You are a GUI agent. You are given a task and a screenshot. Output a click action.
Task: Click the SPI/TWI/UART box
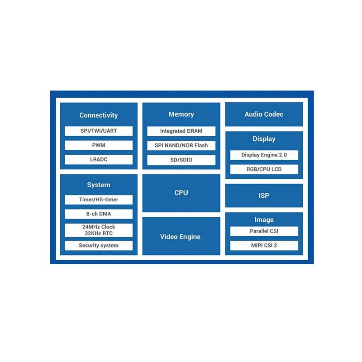(x=99, y=131)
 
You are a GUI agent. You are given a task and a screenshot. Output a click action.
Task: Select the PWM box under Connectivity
(x=99, y=145)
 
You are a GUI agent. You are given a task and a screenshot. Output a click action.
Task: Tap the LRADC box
(x=99, y=160)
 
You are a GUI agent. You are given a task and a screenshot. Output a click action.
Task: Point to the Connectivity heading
(x=99, y=115)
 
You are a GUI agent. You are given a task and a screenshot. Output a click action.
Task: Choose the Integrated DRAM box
(x=181, y=131)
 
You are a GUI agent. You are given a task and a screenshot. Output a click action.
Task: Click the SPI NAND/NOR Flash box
(x=181, y=145)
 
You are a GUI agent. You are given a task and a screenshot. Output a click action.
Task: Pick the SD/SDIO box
(x=181, y=160)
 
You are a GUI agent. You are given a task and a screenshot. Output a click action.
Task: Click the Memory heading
(x=181, y=114)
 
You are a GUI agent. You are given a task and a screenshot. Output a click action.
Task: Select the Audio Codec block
(x=264, y=114)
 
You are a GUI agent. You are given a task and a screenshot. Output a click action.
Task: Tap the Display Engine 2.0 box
(x=264, y=155)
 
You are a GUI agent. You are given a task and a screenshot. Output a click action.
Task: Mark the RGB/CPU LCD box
(x=264, y=169)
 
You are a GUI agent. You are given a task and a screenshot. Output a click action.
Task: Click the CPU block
(x=181, y=193)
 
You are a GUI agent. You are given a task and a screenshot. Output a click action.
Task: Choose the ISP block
(x=264, y=195)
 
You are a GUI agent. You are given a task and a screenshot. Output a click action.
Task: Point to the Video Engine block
(x=181, y=236)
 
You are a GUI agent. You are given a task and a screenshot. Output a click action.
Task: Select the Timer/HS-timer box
(x=99, y=200)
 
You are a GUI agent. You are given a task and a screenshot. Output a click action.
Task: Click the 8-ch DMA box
(x=99, y=214)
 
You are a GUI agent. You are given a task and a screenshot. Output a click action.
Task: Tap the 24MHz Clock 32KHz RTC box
(x=99, y=230)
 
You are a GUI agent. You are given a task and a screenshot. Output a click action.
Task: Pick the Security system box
(x=99, y=246)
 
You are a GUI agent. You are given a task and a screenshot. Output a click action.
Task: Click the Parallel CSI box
(x=264, y=231)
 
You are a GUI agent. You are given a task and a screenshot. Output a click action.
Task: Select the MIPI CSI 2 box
(x=264, y=246)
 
